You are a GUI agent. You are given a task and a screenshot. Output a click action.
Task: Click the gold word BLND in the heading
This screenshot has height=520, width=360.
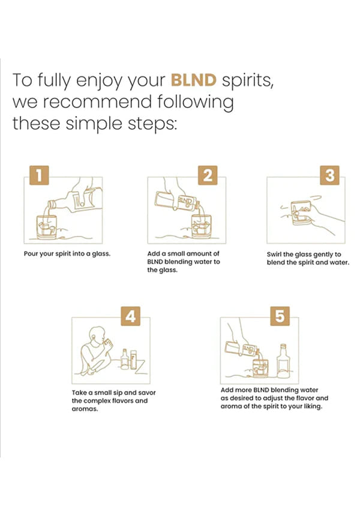[194, 80]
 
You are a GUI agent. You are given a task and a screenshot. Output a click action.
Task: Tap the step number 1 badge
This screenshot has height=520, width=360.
[39, 175]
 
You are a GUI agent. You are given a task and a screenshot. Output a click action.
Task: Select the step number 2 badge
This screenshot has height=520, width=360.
[208, 175]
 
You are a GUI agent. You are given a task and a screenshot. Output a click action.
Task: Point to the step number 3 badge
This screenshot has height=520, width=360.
[330, 175]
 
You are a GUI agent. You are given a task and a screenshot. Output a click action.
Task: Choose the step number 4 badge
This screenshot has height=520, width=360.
[131, 316]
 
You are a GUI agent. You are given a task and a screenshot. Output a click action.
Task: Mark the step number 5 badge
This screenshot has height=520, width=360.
[280, 316]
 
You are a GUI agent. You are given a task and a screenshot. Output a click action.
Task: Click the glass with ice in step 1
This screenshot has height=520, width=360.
[46, 227]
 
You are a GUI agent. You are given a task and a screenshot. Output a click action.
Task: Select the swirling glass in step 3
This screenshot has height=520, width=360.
[301, 213]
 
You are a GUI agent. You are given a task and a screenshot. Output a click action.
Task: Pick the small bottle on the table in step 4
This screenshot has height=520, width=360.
[125, 359]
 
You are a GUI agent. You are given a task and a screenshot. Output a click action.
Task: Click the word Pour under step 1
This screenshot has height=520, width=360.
[31, 254]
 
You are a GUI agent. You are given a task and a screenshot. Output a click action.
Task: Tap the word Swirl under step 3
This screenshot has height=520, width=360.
[274, 255]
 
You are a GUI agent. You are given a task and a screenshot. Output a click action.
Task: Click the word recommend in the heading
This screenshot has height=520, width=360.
[97, 102]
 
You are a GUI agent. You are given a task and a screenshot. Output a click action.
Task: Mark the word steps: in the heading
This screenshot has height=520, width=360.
[152, 124]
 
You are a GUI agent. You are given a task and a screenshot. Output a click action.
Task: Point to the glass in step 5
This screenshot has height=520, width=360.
[260, 367]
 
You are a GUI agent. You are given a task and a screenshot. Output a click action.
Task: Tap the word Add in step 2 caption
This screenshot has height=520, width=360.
[154, 254]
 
